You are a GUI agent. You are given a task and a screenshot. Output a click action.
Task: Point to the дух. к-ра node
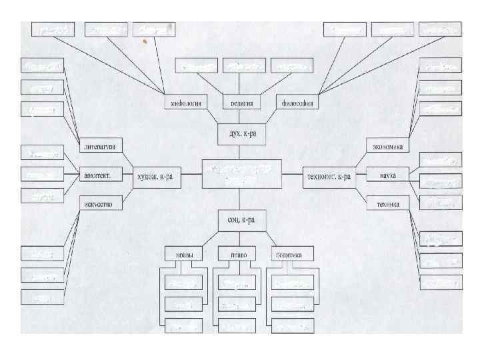(x=238, y=133)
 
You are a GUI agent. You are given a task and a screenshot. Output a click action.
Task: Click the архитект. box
(x=99, y=176)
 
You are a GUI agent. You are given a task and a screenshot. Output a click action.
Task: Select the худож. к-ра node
(x=154, y=176)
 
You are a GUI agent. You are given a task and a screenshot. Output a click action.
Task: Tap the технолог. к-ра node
(x=328, y=176)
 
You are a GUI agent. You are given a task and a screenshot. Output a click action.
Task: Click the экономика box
(x=389, y=146)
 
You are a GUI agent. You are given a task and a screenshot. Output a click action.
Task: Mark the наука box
(x=387, y=175)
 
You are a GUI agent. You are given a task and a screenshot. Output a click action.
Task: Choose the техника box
(x=387, y=204)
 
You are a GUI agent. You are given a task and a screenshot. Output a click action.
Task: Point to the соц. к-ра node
(x=238, y=219)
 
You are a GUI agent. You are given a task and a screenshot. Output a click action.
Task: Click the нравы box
(x=184, y=255)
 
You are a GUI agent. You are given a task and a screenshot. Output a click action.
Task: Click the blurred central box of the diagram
(x=241, y=175)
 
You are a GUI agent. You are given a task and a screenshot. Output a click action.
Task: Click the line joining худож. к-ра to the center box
(x=191, y=175)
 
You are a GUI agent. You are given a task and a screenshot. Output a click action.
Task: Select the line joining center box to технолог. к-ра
(x=292, y=175)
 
